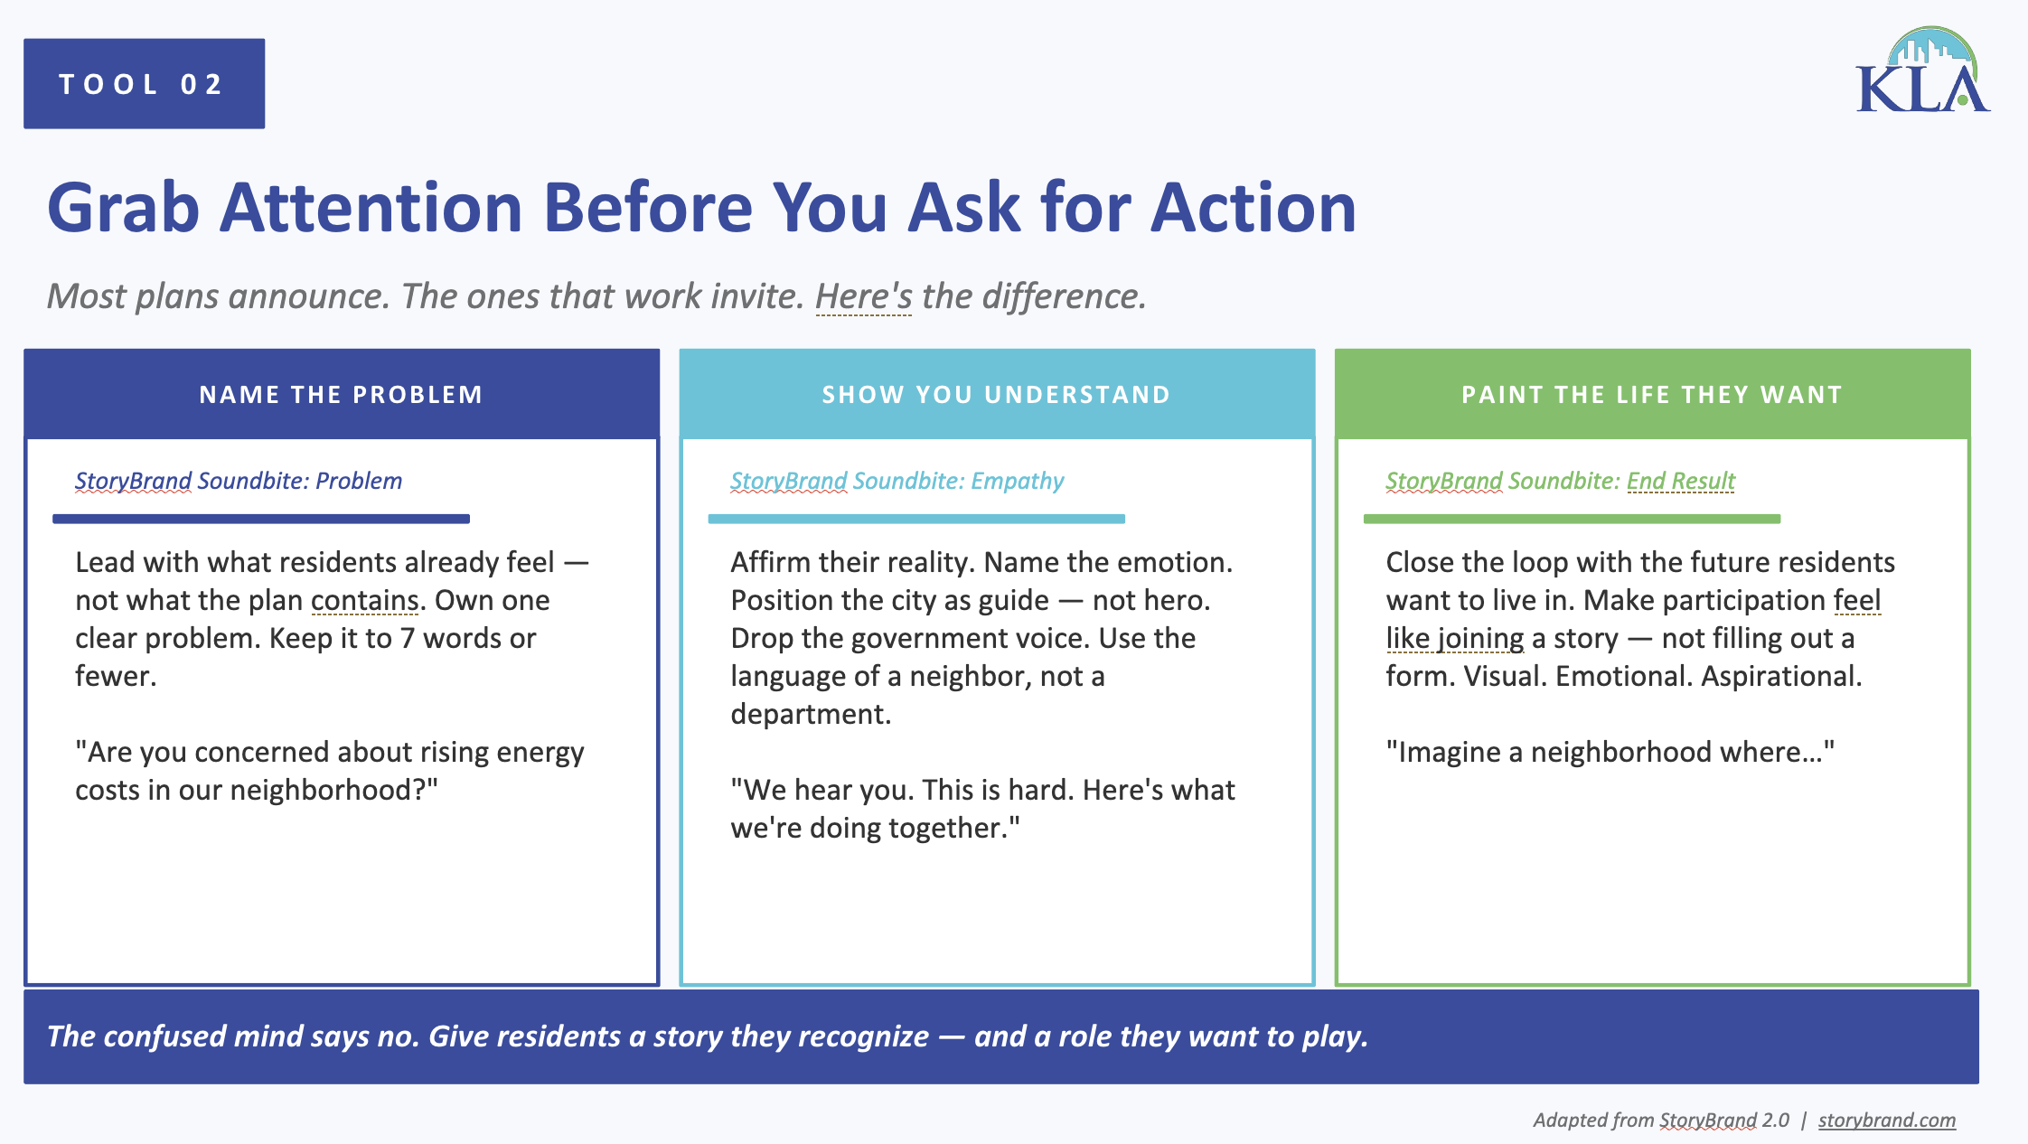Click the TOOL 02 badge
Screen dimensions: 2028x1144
[x=144, y=83]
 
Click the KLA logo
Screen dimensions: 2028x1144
[x=1922, y=70]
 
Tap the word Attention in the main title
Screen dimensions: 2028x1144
[x=371, y=208]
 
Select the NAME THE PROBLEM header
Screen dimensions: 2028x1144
[x=342, y=394]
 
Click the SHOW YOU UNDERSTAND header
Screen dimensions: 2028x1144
[x=997, y=394]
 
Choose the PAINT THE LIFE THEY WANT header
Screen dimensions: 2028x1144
[x=1652, y=394]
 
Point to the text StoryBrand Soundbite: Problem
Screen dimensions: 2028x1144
[x=239, y=481]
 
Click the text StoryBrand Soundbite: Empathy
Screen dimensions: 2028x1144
[x=897, y=481]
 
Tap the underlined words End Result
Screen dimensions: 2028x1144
[x=1681, y=481]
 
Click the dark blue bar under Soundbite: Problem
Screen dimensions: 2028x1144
[x=261, y=519]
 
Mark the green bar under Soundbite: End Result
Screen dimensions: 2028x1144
[x=1572, y=519]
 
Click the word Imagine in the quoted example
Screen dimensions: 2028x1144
[x=1449, y=752]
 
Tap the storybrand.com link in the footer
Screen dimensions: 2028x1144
[x=1887, y=1120]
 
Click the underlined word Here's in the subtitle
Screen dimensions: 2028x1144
[x=864, y=296]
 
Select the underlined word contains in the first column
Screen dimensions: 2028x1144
[x=364, y=600]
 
